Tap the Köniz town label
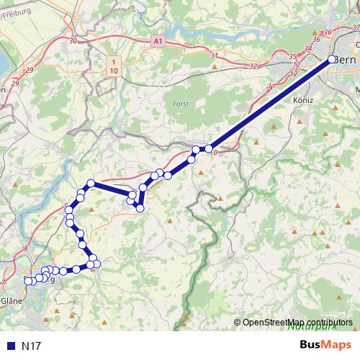[303, 101]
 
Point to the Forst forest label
[181, 104]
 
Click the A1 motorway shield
[158, 42]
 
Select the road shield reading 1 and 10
[113, 66]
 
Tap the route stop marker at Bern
[332, 60]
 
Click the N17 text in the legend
[31, 346]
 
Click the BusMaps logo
[320, 345]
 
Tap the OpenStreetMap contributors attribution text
[297, 322]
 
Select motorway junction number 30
[73, 41]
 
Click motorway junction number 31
[213, 55]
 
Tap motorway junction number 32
[252, 66]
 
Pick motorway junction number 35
[293, 56]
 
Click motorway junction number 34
[308, 48]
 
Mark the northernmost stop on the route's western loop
[91, 183]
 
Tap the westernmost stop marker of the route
[28, 280]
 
